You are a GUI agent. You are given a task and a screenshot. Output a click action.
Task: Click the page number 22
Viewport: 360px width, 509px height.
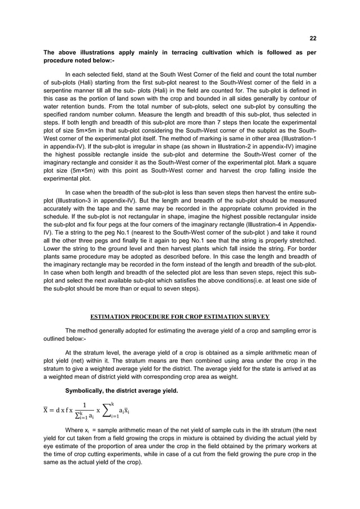click(313, 39)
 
